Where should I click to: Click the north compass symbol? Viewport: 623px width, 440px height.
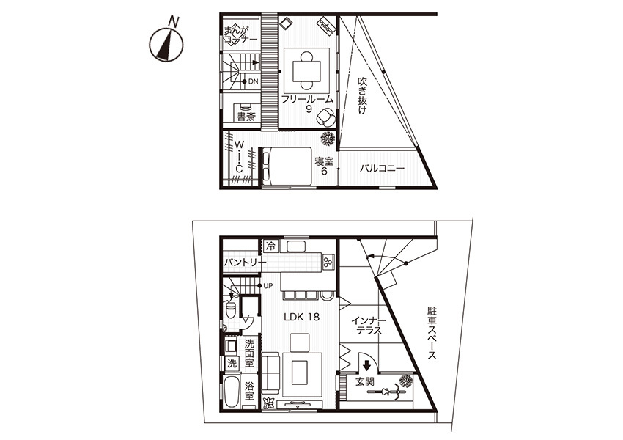[166, 44]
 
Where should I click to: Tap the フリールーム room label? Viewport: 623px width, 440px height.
[306, 99]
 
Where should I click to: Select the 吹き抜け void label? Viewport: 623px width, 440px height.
[362, 96]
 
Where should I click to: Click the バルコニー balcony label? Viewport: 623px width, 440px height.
[382, 169]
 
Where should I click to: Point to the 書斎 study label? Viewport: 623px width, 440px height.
[246, 117]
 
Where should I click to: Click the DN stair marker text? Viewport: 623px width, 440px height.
[253, 81]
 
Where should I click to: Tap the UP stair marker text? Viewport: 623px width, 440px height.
[268, 286]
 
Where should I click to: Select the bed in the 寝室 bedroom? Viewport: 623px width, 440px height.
[286, 166]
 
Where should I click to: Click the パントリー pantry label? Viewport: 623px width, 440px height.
[244, 263]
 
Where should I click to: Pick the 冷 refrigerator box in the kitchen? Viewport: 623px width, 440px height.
[271, 246]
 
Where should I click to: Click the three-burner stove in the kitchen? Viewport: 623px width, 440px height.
[329, 262]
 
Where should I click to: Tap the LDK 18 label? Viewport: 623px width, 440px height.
[301, 317]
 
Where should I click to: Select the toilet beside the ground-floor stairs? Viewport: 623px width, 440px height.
[231, 309]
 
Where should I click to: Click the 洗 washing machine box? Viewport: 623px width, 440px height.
[232, 363]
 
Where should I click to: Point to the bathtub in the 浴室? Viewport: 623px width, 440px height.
[232, 392]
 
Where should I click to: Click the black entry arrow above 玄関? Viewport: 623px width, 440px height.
[366, 364]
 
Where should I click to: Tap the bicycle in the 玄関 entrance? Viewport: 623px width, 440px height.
[385, 392]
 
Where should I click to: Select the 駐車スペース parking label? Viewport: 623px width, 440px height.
[432, 333]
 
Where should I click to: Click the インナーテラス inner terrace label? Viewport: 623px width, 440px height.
[369, 325]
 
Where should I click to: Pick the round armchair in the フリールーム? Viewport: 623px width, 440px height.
[327, 116]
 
